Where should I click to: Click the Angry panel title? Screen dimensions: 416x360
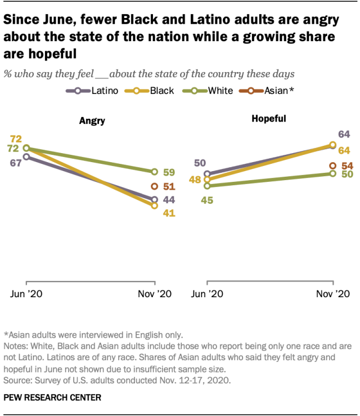pos(92,120)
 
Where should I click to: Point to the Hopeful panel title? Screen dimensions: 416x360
pos(268,119)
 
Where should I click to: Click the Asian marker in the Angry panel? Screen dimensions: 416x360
pos(155,186)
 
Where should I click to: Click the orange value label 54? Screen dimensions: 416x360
pos(347,165)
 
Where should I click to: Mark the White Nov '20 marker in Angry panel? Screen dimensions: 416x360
pos(155,171)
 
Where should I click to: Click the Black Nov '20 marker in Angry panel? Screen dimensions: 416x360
pos(155,206)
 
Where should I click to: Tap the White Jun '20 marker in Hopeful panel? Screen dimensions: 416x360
pos(208,186)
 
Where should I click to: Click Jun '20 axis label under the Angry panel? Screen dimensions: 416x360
pos(26,294)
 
